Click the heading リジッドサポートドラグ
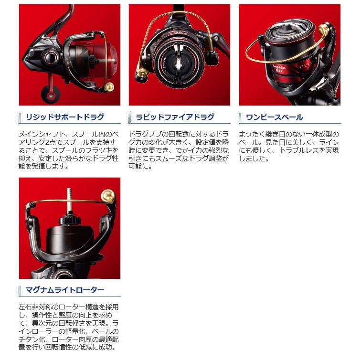click(x=64, y=117)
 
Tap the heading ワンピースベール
click(x=274, y=117)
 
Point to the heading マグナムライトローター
click(x=64, y=290)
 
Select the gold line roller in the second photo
click(x=142, y=74)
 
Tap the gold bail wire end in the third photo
click(x=326, y=31)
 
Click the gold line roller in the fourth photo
click(x=108, y=196)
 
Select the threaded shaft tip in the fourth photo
click(x=69, y=193)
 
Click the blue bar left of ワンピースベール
click(x=241, y=117)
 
